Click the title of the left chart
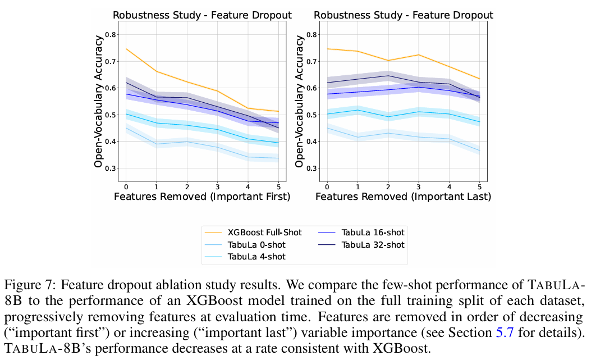(203, 15)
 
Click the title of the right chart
(404, 15)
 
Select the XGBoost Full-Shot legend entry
(264, 233)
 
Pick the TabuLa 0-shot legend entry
(256, 244)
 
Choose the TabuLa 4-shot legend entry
(256, 257)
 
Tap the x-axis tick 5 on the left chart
(278, 186)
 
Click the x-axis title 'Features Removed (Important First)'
(202, 197)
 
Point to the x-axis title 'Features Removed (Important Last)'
(404, 197)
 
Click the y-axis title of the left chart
(98, 101)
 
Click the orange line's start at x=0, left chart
(126, 49)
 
